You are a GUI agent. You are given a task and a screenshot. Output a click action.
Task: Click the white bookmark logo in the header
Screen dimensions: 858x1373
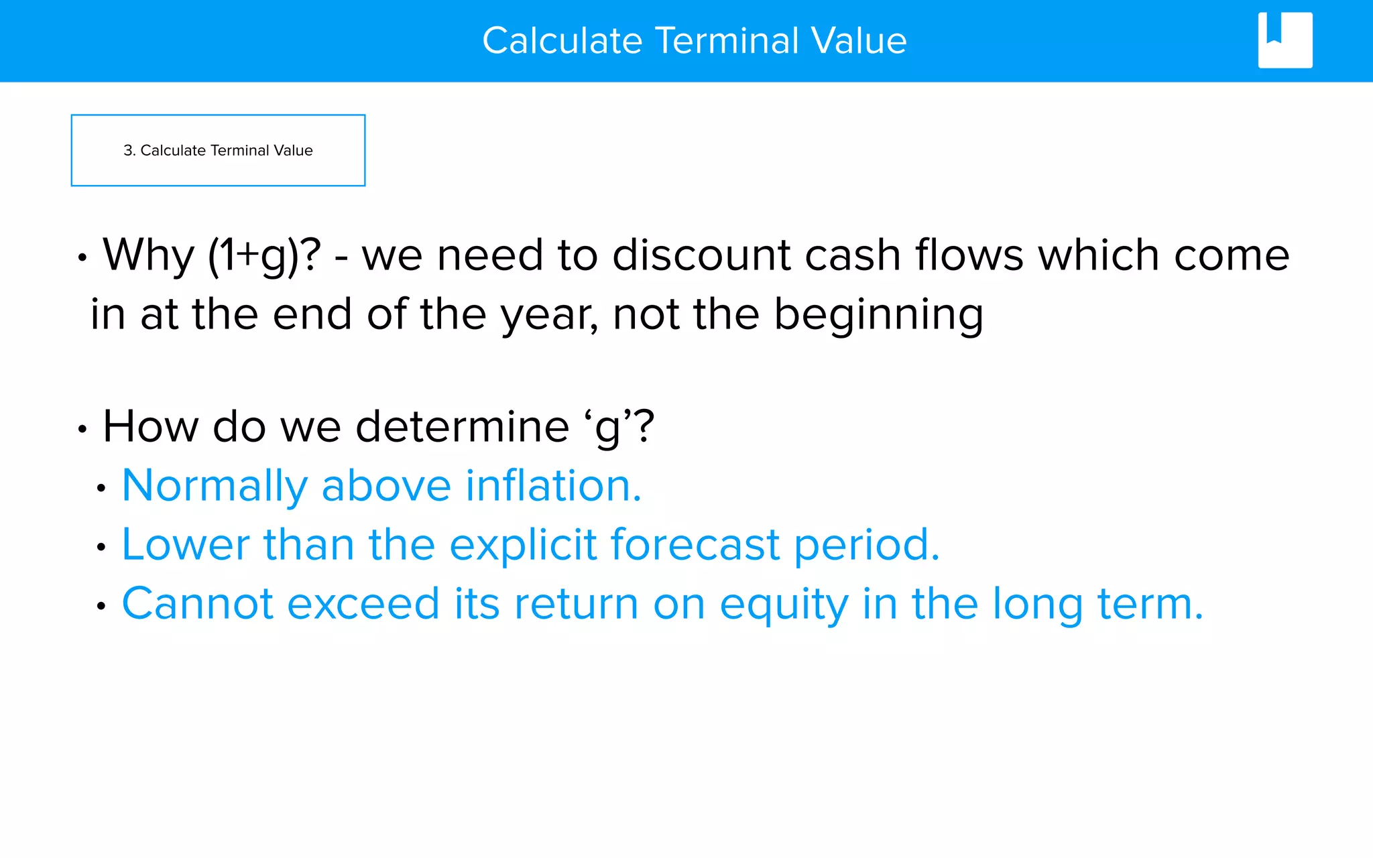click(1285, 40)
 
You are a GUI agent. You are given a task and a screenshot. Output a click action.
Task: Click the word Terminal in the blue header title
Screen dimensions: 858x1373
click(727, 41)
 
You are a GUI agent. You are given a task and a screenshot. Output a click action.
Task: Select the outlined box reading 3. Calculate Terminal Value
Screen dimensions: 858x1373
click(218, 150)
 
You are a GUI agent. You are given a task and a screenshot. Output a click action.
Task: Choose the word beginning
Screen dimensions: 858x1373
click(878, 315)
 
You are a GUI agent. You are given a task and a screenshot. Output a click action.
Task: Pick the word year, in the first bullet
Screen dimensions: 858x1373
click(550, 315)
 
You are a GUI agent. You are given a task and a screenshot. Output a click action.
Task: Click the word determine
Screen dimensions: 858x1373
click(462, 426)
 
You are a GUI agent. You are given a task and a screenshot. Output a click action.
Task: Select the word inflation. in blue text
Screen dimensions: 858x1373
click(554, 485)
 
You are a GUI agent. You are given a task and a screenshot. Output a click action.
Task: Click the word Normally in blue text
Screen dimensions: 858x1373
click(215, 486)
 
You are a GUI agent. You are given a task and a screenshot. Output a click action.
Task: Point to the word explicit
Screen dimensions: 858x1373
click(523, 544)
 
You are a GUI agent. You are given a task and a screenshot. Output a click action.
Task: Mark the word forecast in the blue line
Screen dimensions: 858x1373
click(695, 544)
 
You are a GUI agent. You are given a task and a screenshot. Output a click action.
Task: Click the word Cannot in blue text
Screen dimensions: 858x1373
click(197, 604)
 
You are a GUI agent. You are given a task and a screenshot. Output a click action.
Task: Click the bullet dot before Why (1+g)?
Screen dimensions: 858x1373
click(82, 257)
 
